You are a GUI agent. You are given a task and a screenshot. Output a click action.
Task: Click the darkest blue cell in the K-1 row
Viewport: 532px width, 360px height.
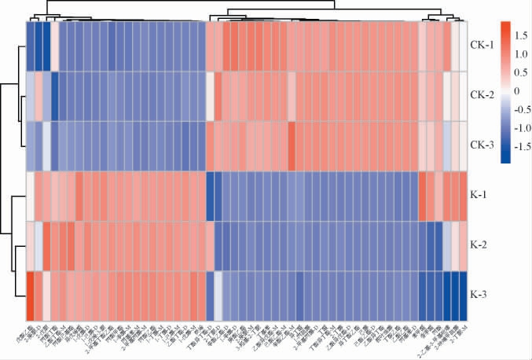pos(210,196)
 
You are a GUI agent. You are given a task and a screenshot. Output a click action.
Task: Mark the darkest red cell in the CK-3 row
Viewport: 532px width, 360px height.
pos(292,146)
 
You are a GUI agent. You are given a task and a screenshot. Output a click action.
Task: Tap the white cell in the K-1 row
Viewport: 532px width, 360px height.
pos(30,196)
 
